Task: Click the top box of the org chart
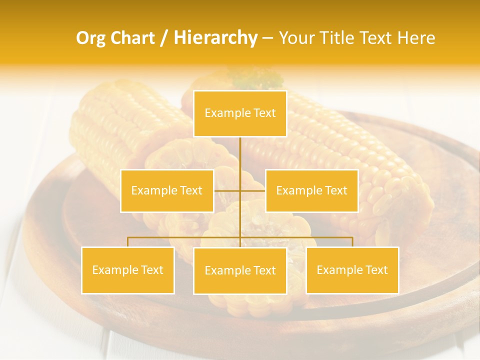coord(240,113)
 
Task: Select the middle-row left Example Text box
coord(167,190)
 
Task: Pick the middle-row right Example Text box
coord(311,190)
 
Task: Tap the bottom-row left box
coord(127,270)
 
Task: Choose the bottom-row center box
coord(240,270)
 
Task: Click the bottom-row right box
coord(352,270)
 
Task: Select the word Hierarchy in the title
coord(215,38)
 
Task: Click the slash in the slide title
coord(164,38)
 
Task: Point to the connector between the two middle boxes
coord(239,190)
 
